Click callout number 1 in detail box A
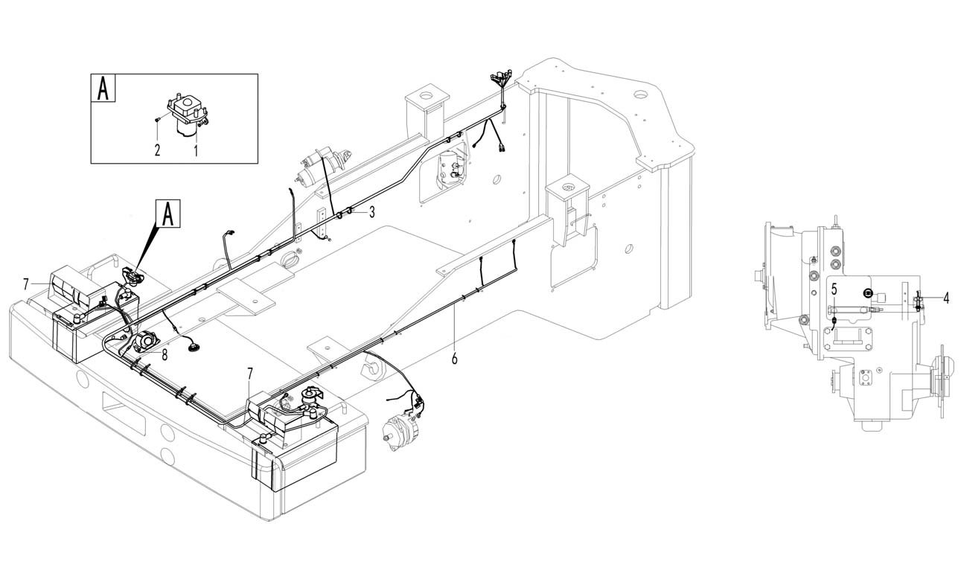point(196,151)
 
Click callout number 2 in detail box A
point(158,150)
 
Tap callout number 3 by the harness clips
point(372,212)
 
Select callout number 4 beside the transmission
point(946,298)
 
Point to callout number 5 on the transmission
point(834,289)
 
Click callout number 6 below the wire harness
point(454,358)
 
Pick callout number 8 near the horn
point(165,356)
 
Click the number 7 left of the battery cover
point(26,284)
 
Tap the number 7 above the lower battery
point(250,374)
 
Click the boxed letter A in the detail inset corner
point(103,88)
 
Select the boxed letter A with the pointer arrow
point(169,213)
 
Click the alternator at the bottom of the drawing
point(402,429)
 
